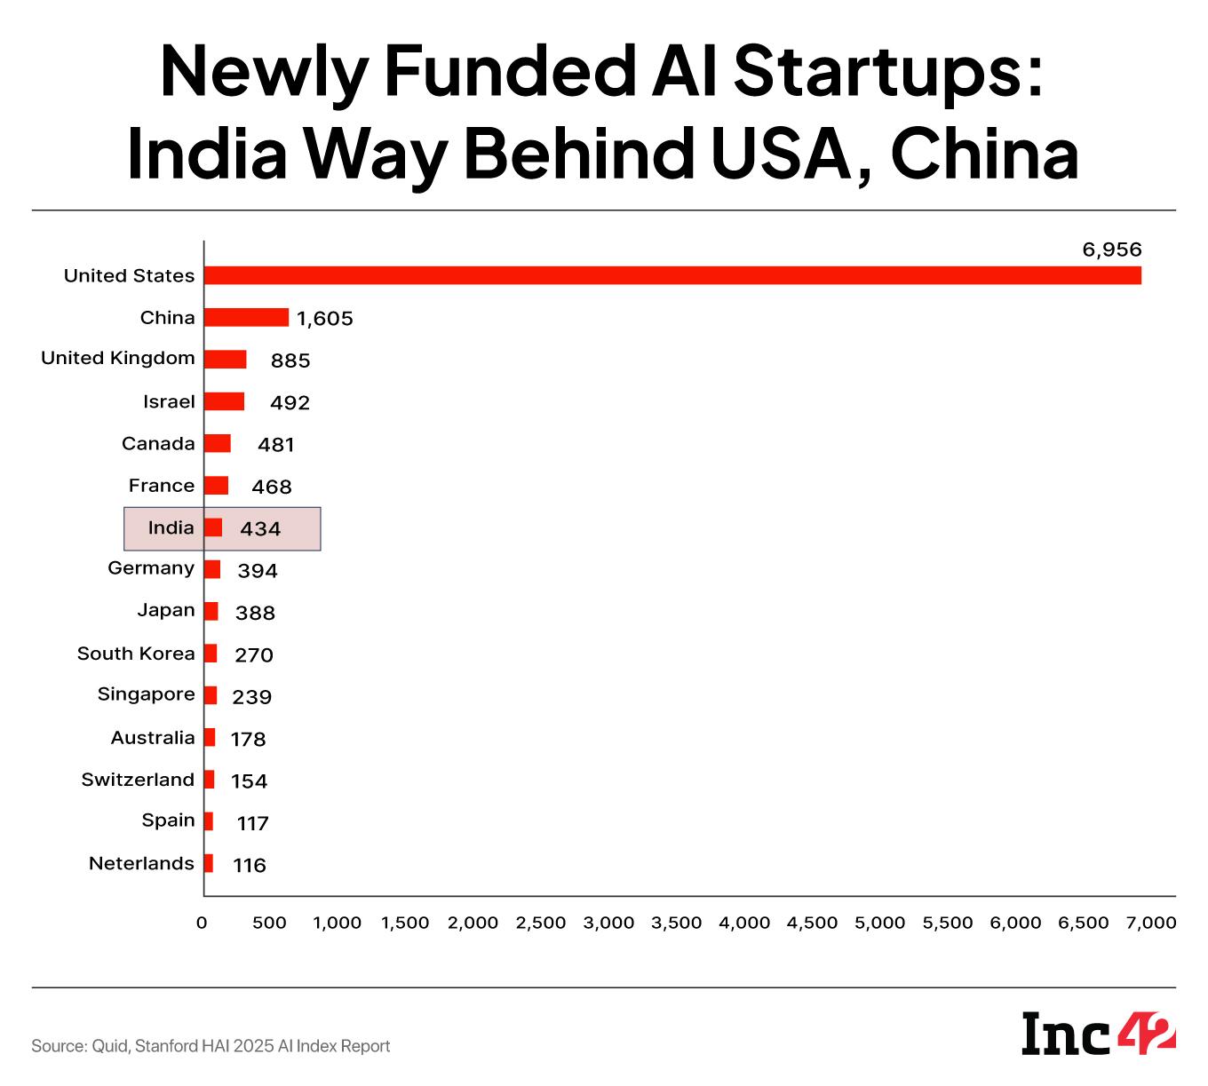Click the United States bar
672,275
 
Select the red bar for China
246,317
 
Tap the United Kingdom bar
225,359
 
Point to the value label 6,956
1111,250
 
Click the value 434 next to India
260,529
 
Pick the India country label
171,527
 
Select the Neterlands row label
141,863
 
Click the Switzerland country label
138,780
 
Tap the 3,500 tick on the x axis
677,923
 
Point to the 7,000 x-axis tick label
1151,923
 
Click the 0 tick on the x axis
202,923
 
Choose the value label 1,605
325,319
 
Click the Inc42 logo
1099,1033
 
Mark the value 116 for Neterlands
250,865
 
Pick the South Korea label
136,654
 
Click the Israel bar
224,401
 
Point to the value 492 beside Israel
290,403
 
